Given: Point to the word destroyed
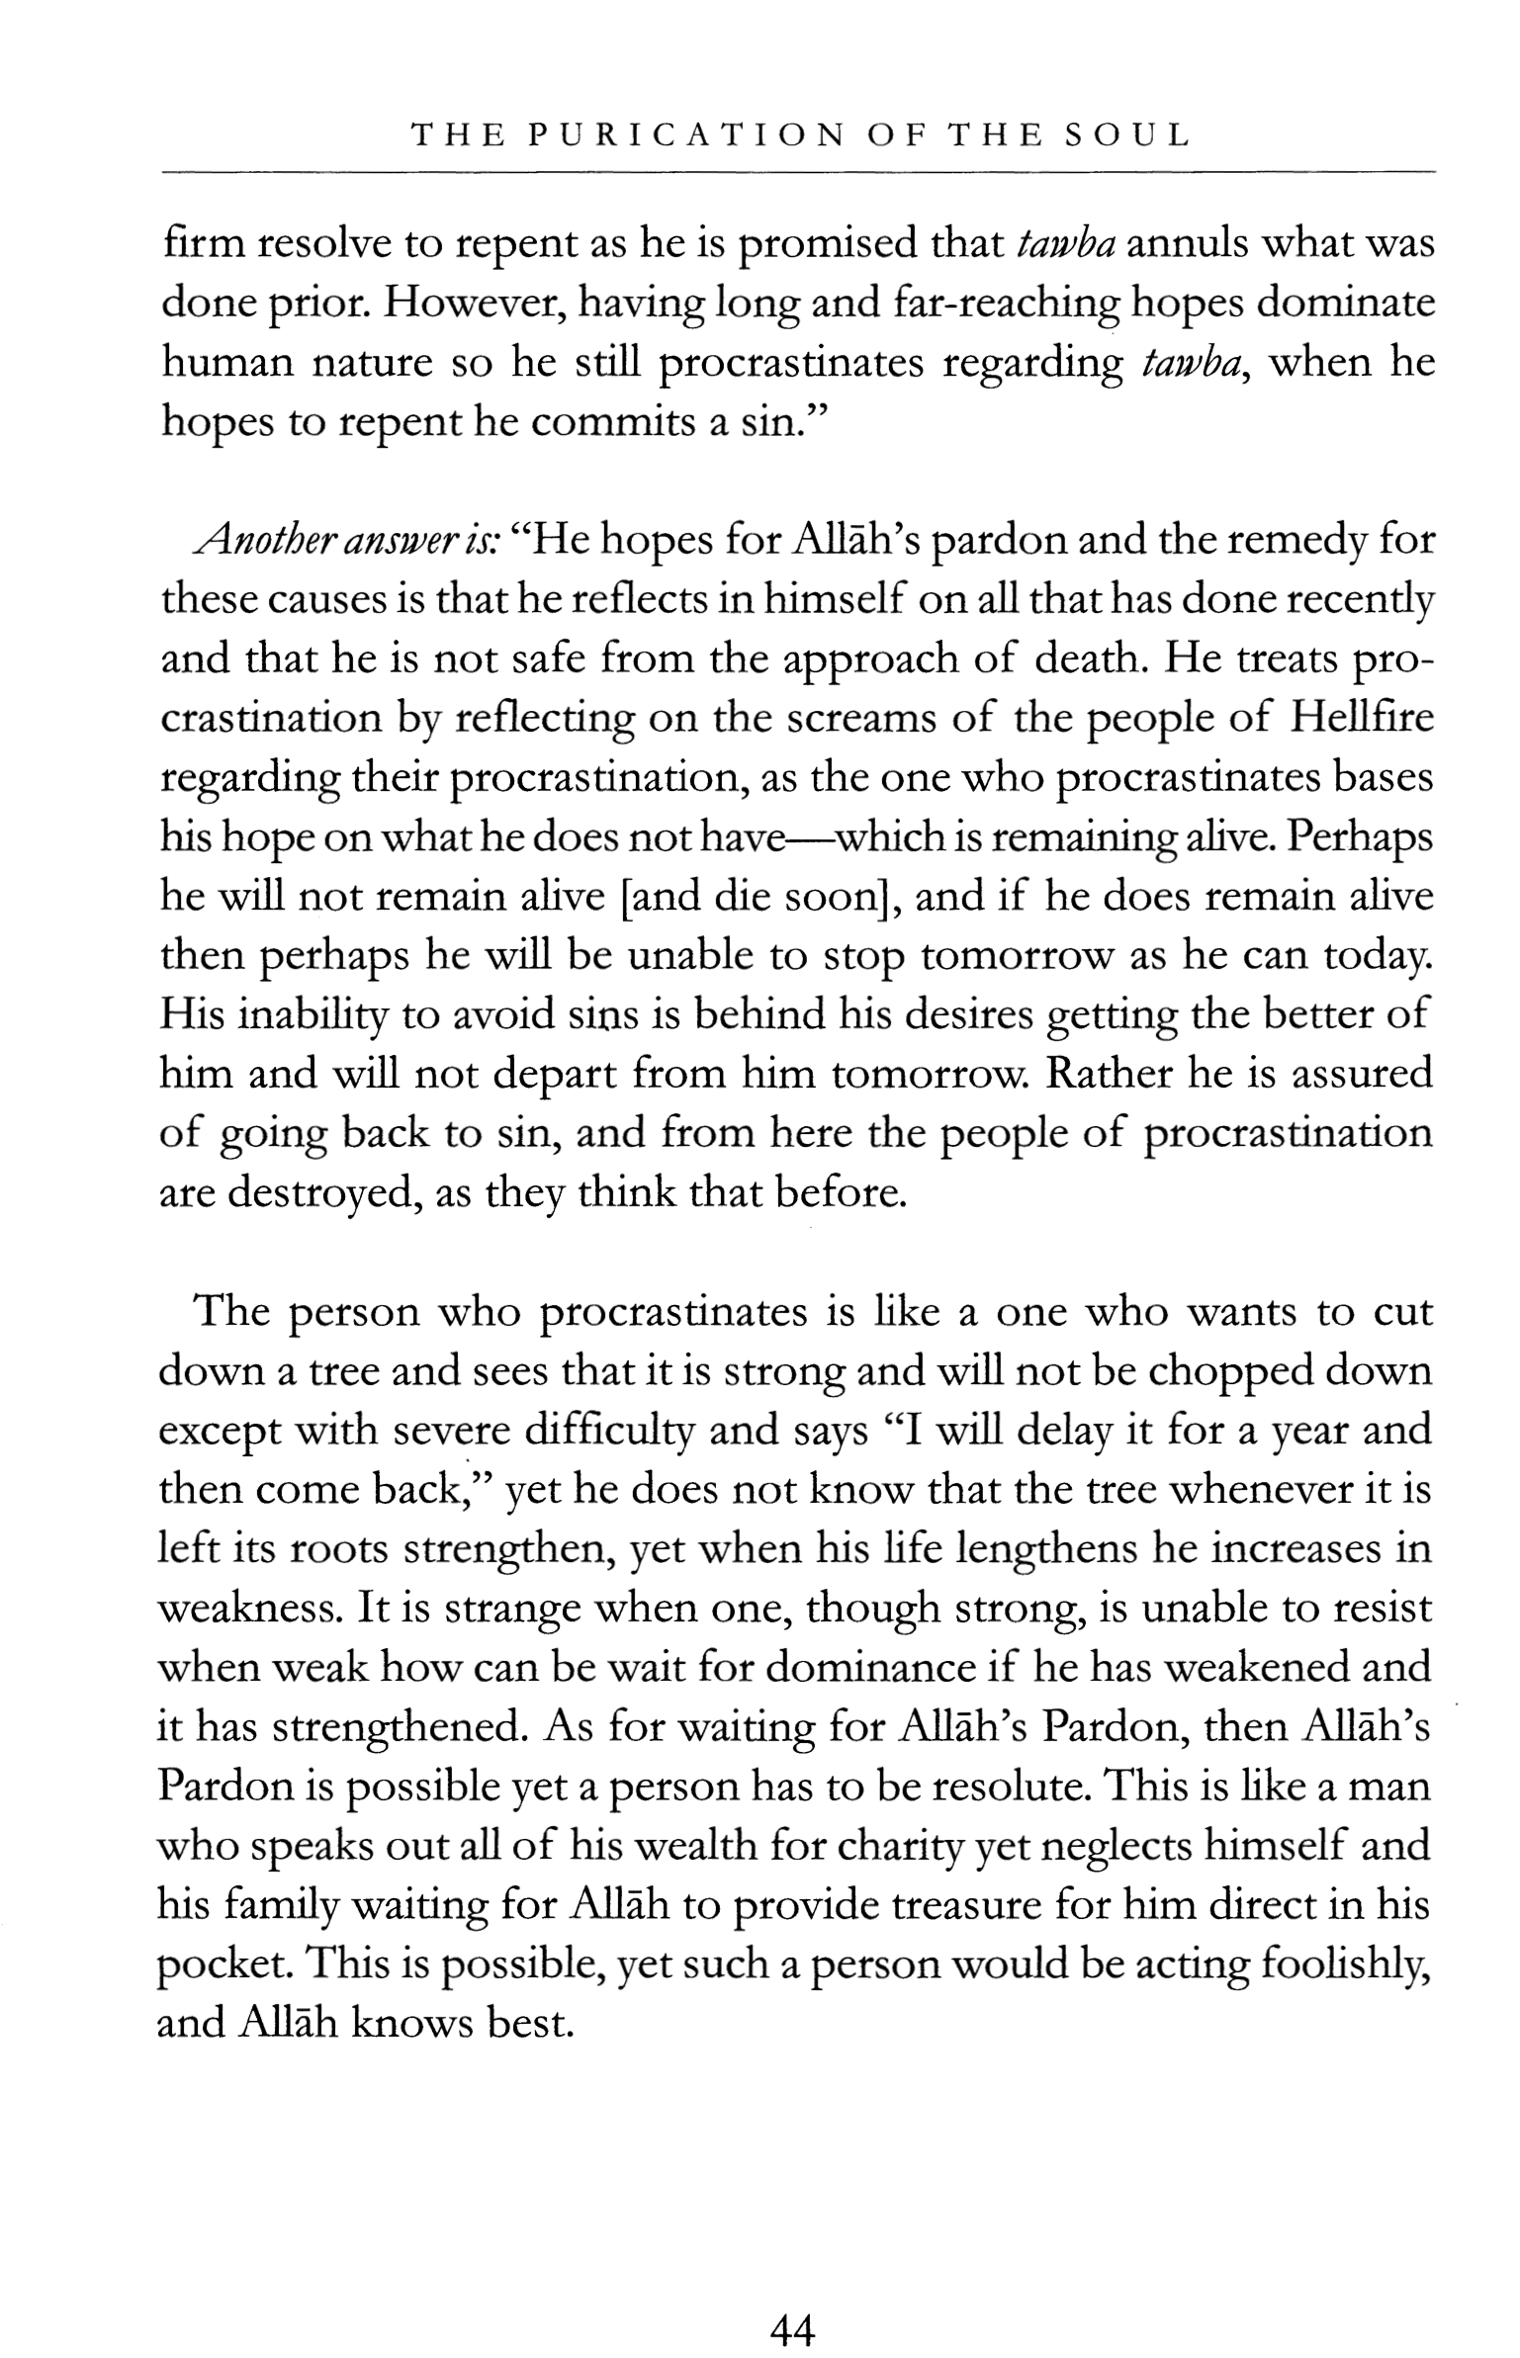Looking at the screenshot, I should (320, 1194).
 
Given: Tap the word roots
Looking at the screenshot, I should (338, 1548).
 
